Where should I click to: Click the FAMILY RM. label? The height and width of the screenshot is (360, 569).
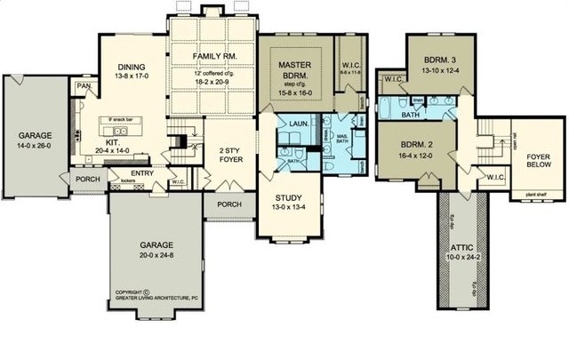[x=212, y=56]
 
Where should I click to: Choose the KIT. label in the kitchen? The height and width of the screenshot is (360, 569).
[x=113, y=142]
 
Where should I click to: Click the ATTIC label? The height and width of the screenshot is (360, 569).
[x=462, y=248]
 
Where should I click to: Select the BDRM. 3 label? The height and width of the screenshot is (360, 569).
[x=436, y=60]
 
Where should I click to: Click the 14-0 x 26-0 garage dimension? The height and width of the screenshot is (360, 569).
[x=36, y=146]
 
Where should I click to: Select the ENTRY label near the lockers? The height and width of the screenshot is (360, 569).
[x=140, y=173]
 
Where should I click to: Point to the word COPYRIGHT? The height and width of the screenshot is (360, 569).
[x=130, y=291]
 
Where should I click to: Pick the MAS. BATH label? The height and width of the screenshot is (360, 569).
[x=341, y=138]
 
